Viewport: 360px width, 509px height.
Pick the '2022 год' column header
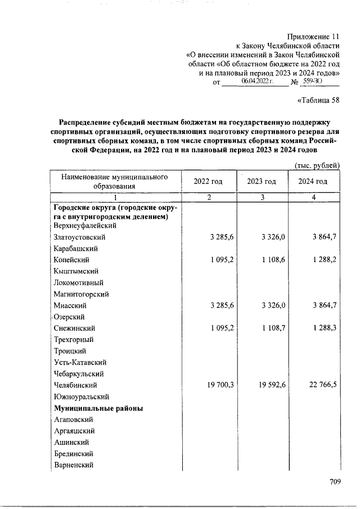tap(208, 182)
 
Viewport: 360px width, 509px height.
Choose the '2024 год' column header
tap(313, 182)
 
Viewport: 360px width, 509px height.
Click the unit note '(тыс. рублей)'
tap(317, 165)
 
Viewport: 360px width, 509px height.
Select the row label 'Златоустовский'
tap(79, 237)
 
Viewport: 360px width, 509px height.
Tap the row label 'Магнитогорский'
tap(81, 294)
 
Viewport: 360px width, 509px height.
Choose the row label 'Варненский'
tap(74, 465)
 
